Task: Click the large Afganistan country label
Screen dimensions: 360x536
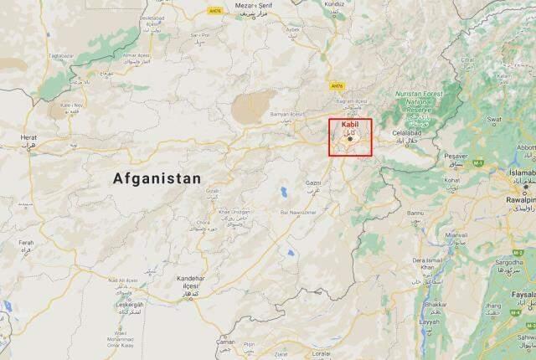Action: pyautogui.click(x=158, y=178)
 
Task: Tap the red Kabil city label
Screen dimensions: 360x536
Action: pyautogui.click(x=350, y=125)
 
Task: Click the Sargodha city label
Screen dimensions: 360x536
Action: pyautogui.click(x=520, y=262)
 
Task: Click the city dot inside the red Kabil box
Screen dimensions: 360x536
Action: pyautogui.click(x=350, y=139)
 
